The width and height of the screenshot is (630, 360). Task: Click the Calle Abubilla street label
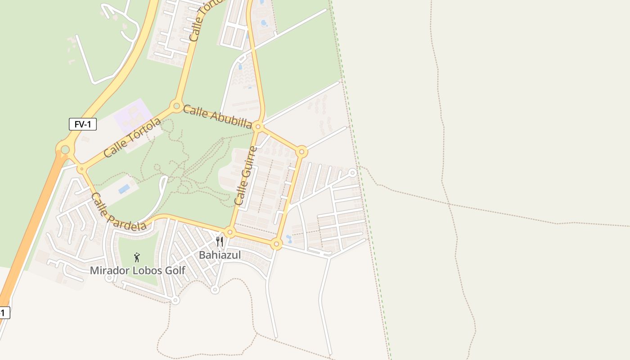point(217,117)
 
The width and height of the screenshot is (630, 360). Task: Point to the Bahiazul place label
point(220,255)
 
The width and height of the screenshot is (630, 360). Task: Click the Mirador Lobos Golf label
point(137,270)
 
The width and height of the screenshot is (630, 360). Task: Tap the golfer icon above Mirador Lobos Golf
point(137,257)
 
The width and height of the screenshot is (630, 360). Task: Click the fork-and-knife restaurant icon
point(220,242)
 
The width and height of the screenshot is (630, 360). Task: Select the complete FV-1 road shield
point(83,124)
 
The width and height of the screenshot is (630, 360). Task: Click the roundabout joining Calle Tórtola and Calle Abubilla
point(176,106)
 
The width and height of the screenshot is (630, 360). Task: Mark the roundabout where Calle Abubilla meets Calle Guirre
point(258,127)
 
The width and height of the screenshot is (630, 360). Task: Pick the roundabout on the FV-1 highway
point(65,149)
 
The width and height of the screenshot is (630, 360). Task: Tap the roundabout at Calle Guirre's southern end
point(230,233)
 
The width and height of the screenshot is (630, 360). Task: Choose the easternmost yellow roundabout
point(302,152)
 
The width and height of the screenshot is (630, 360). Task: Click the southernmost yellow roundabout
point(277,244)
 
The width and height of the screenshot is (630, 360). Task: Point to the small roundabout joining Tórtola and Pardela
point(81,169)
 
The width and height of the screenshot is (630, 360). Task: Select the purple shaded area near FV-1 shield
point(130,115)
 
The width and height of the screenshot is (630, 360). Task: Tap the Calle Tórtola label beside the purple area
point(132,138)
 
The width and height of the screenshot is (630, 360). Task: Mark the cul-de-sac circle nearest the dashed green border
point(352,172)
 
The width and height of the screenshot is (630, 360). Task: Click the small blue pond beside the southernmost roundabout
point(288,238)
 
